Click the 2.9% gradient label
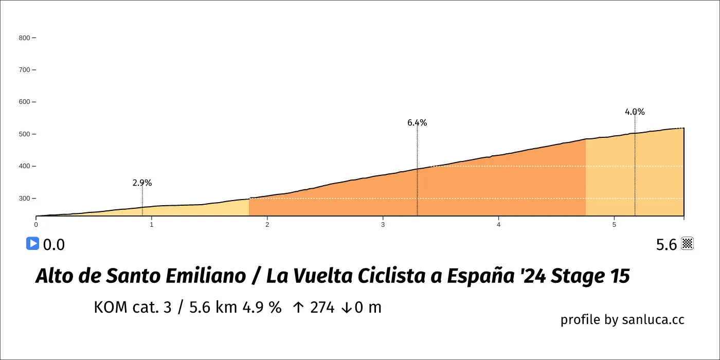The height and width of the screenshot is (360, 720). pos(142,183)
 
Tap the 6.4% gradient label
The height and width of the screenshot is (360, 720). pos(417,123)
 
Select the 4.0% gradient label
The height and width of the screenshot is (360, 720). pos(635,112)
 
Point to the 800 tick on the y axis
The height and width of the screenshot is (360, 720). pos(24,38)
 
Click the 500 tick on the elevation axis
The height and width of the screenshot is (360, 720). pos(24,134)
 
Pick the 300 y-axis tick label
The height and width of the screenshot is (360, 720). pos(24,199)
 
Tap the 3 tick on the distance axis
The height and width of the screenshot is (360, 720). pos(383,225)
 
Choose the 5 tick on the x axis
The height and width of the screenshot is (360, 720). pos(614,225)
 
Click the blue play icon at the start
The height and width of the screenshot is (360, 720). pos(32,243)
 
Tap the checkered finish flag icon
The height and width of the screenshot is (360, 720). pos(688,244)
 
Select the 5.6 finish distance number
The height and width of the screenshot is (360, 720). pos(667,245)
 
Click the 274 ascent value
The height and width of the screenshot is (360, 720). pos(322,308)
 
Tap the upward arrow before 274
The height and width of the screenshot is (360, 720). pos(298,308)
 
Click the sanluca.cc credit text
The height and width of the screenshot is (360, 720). pos(653,319)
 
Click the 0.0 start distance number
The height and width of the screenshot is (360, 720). pos(54,245)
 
